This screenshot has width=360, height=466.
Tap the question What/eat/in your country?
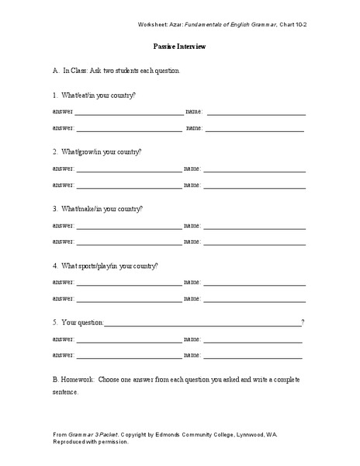click(x=99, y=95)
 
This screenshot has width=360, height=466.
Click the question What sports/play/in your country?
click(x=111, y=266)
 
